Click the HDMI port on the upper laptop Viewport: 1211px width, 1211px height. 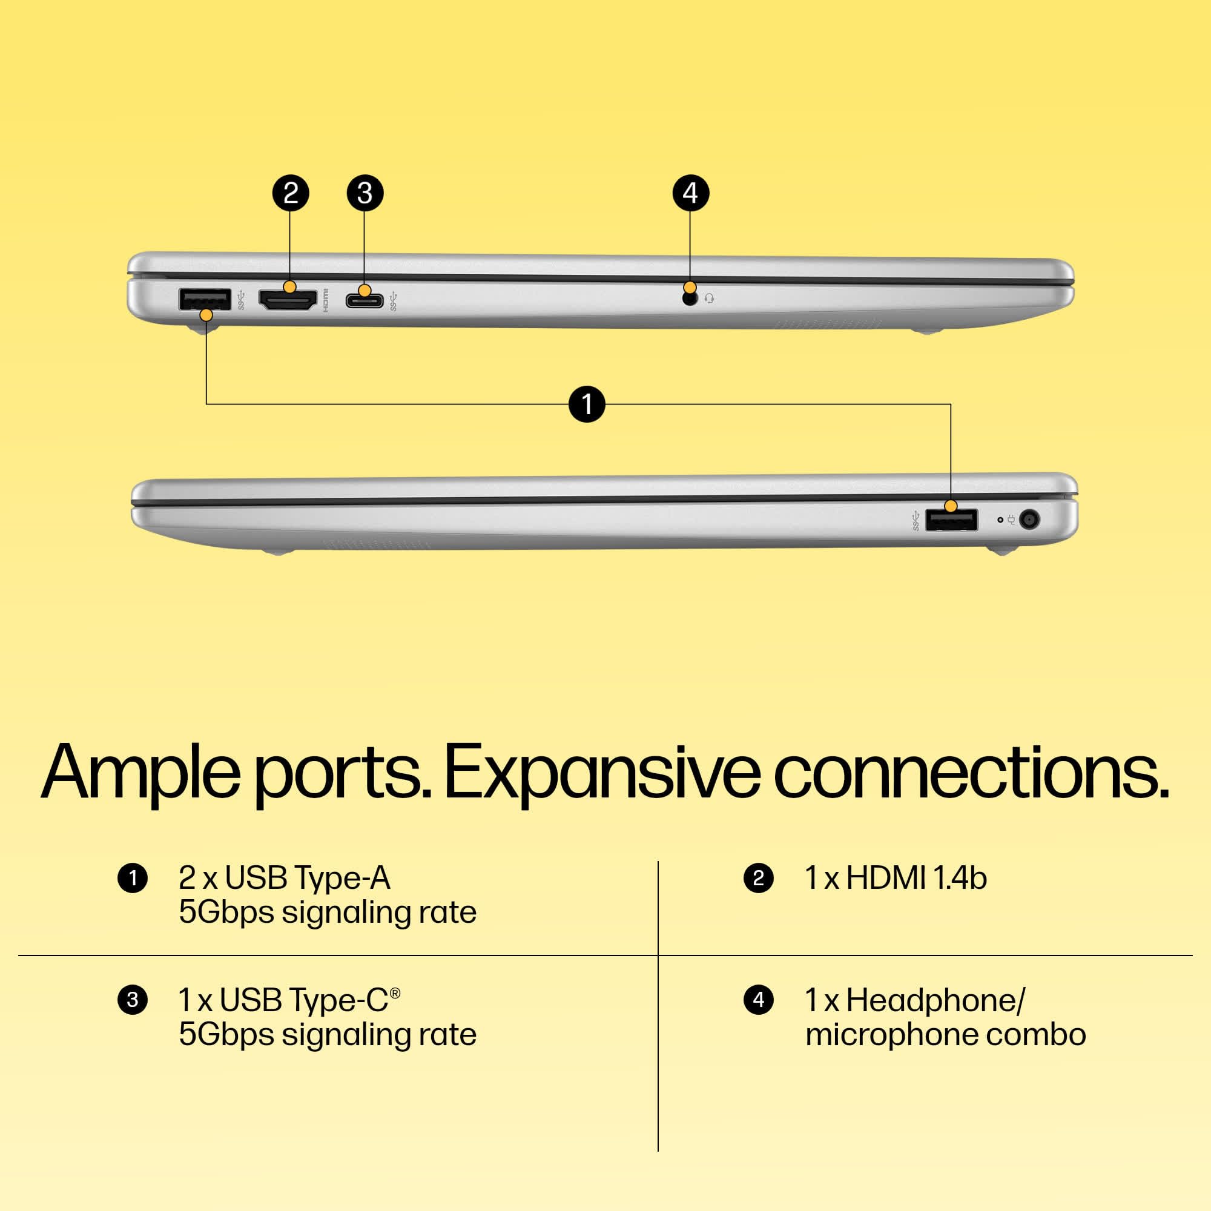point(288,300)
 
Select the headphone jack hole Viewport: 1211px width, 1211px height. point(690,299)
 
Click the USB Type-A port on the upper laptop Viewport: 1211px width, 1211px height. point(205,299)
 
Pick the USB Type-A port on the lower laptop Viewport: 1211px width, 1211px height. point(951,520)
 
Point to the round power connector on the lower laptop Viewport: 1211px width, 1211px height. point(1029,520)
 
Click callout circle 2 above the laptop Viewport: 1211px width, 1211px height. point(290,193)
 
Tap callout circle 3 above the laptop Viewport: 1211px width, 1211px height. point(365,193)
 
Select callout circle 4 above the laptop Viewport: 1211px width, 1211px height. point(690,193)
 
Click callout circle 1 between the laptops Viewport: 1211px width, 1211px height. point(587,404)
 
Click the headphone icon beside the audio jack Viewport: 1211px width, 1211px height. point(709,299)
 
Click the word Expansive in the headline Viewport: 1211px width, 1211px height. point(602,772)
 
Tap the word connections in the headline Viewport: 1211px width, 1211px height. point(972,772)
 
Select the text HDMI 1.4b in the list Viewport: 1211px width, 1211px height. point(916,878)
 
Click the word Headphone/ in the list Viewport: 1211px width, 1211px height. point(936,1000)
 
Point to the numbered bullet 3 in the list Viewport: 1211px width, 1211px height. point(132,1000)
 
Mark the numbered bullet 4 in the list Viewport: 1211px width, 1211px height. point(759,1000)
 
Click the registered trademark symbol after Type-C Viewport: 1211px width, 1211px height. point(395,993)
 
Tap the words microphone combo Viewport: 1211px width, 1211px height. point(946,1035)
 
